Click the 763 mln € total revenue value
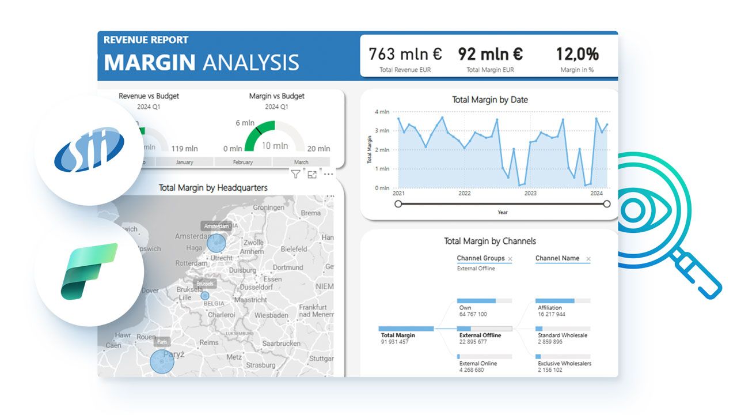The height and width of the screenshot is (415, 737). (x=405, y=54)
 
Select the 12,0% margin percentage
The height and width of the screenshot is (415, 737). (x=577, y=54)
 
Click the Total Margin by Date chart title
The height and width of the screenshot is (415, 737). (x=489, y=100)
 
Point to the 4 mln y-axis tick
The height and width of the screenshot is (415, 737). (x=382, y=112)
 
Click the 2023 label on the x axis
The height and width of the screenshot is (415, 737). (x=530, y=194)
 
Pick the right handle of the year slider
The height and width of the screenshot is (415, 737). (x=606, y=203)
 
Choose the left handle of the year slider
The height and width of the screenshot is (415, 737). (x=398, y=203)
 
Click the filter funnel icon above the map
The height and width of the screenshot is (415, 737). (x=295, y=174)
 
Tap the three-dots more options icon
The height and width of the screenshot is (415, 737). (x=328, y=174)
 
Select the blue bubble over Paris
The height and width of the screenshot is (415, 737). (x=162, y=361)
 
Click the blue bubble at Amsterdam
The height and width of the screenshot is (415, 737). (x=216, y=243)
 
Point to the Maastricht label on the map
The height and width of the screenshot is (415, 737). (x=251, y=300)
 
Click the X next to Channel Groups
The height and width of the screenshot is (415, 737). (x=510, y=259)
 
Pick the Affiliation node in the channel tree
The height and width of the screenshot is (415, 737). (x=550, y=308)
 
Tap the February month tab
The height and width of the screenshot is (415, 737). (x=242, y=163)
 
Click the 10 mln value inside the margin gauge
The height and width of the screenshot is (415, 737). (x=275, y=146)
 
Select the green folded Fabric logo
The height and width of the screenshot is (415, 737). (x=89, y=271)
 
